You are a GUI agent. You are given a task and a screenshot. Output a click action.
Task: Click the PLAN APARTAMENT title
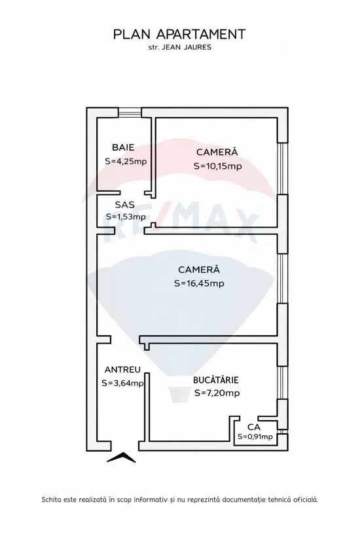[179, 35]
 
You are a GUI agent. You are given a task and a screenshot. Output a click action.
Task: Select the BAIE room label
[123, 148]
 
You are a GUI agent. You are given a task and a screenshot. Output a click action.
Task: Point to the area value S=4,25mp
[126, 161]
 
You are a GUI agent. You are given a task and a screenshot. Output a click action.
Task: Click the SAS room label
[125, 205]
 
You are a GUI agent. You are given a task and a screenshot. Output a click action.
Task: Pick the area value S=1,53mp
[126, 217]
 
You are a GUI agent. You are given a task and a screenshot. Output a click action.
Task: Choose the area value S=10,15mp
[218, 166]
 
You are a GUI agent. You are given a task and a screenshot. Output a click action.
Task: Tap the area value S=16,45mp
[199, 283]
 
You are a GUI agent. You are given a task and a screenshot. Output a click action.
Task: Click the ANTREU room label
[122, 370]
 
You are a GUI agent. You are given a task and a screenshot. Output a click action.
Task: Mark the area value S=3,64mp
[122, 383]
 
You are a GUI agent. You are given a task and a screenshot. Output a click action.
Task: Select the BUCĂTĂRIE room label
[215, 380]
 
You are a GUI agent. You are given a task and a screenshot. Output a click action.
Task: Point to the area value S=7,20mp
[217, 393]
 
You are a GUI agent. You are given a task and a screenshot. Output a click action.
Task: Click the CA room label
[254, 427]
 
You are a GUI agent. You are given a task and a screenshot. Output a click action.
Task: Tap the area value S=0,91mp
[255, 437]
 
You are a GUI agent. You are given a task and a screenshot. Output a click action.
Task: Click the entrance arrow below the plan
[121, 457]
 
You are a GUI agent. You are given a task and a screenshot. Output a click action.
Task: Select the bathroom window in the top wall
[130, 113]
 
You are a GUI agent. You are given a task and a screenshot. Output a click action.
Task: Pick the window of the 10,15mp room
[283, 168]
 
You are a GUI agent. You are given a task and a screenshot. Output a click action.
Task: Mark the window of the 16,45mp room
[283, 279]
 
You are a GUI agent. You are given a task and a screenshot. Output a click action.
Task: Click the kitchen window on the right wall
[283, 383]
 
